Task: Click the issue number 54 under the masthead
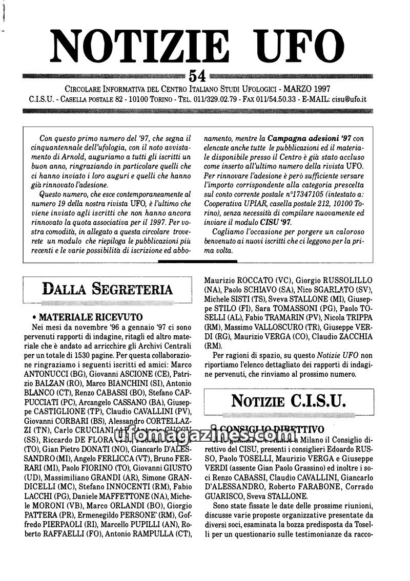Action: (x=197, y=75)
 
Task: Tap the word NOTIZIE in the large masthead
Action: (x=140, y=45)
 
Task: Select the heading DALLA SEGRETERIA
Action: (x=107, y=289)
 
